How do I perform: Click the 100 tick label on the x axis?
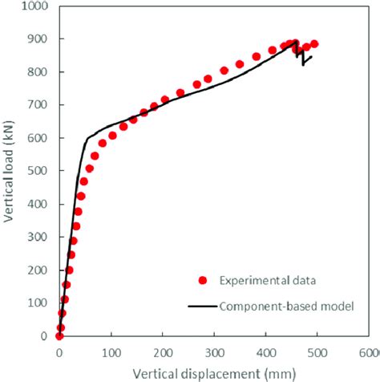(x=111, y=352)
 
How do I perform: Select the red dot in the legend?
(x=202, y=280)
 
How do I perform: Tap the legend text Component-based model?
(x=277, y=307)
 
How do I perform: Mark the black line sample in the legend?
(x=202, y=306)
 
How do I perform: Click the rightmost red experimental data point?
(x=314, y=44)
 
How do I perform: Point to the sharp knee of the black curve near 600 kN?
(x=87, y=139)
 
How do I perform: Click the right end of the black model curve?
(x=312, y=56)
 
